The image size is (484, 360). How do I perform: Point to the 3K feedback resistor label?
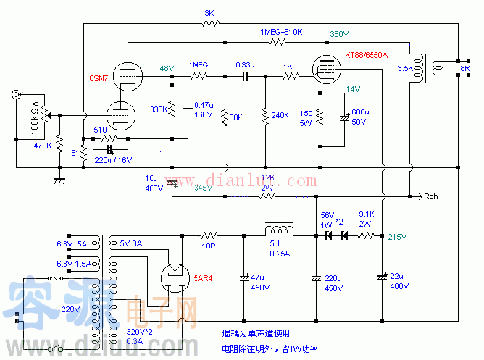[x=210, y=13]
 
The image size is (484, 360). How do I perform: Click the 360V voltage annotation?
[x=340, y=33]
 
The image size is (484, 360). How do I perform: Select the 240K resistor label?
[x=280, y=116]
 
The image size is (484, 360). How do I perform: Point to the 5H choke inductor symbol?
[x=280, y=230]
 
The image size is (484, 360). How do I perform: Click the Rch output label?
[x=431, y=196]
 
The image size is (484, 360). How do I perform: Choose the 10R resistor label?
[x=209, y=246]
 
